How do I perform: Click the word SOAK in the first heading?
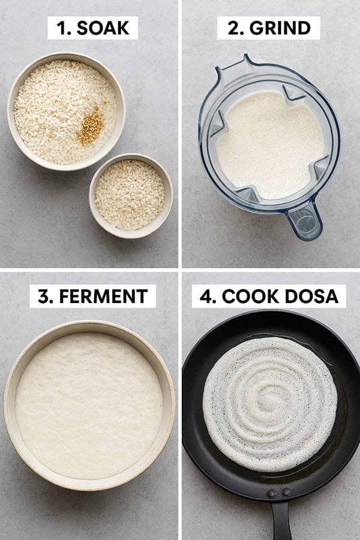pyautogui.click(x=103, y=28)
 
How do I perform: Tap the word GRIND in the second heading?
pyautogui.click(x=280, y=28)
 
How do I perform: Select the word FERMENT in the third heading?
pyautogui.click(x=103, y=296)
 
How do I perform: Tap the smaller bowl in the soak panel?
pyautogui.click(x=131, y=196)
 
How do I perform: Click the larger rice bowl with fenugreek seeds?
pyautogui.click(x=66, y=111)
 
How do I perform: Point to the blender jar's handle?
pyautogui.click(x=305, y=220)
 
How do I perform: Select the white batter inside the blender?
pyautogui.click(x=270, y=145)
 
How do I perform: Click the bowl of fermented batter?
pyautogui.click(x=89, y=406)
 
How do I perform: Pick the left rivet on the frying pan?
pyautogui.click(x=272, y=493)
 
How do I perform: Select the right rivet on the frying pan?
pyautogui.click(x=286, y=492)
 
